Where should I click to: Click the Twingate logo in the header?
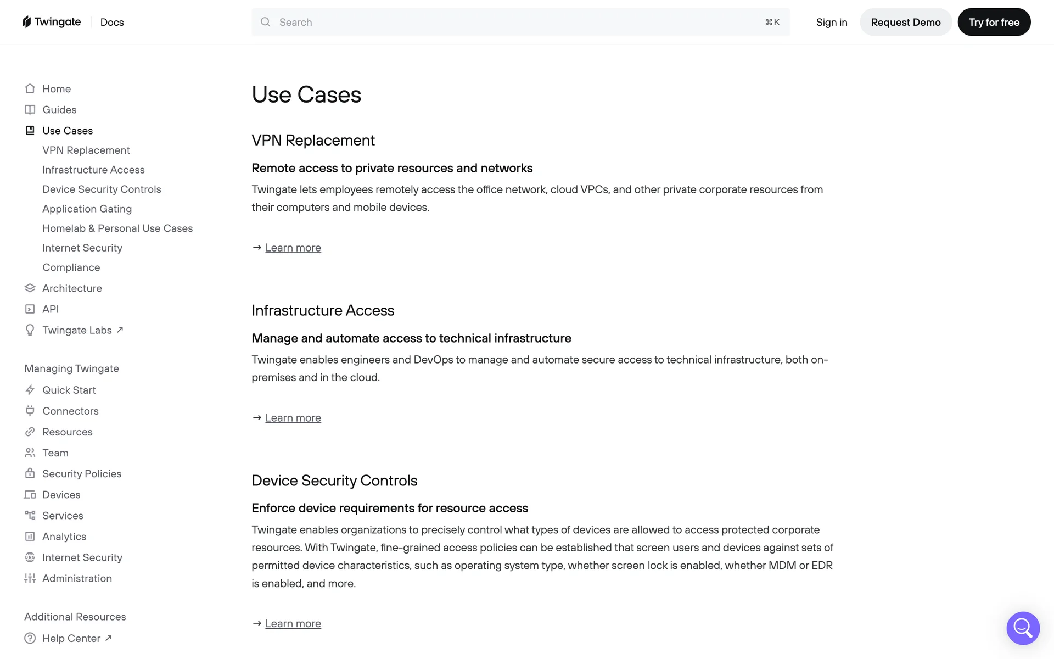click(x=52, y=22)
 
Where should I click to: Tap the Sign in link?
click(x=831, y=22)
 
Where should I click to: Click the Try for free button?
click(x=994, y=22)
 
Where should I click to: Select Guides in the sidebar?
click(x=59, y=110)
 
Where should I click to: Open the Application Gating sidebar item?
click(x=87, y=209)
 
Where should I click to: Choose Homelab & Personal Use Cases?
click(x=117, y=228)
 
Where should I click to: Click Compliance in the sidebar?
click(x=71, y=267)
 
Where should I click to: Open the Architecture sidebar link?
click(x=72, y=288)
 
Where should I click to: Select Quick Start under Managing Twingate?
click(x=69, y=390)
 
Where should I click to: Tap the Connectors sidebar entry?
click(x=70, y=411)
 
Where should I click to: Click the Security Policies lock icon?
click(x=30, y=473)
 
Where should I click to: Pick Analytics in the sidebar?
click(x=64, y=537)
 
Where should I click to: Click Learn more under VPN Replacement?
click(x=293, y=248)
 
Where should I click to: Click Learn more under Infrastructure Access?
click(x=293, y=418)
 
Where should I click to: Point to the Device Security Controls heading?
click(x=334, y=481)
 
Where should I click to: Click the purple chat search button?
click(x=1023, y=628)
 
